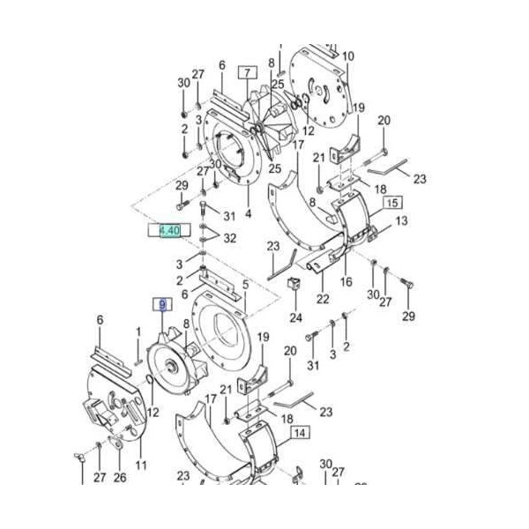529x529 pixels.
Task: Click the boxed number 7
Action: pos(246,72)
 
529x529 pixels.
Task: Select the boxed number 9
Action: pos(160,305)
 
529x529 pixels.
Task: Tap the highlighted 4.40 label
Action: pos(168,230)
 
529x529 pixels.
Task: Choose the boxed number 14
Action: pos(301,433)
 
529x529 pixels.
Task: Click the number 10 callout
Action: pos(347,56)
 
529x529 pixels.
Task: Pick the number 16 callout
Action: pos(346,282)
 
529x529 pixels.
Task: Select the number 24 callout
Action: pos(294,317)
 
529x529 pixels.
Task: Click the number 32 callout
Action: pos(230,238)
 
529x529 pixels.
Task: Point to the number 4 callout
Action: pos(248,212)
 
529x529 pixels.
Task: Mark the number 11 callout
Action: pos(141,465)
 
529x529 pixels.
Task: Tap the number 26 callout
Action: pos(121,478)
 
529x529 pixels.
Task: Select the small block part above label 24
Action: pos(296,285)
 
